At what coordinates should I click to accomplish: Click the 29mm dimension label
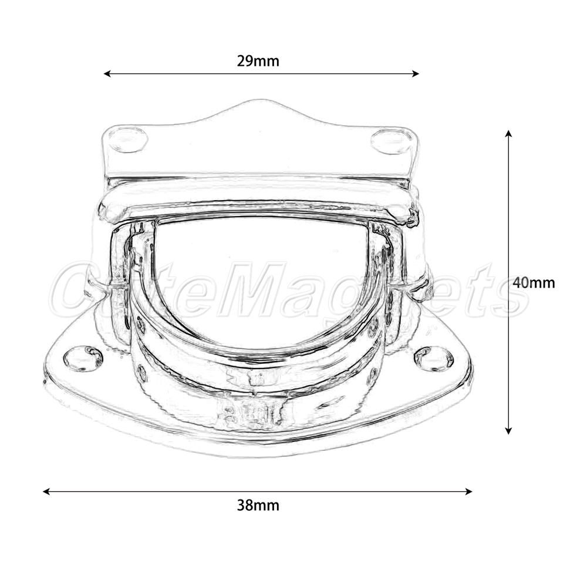pyautogui.click(x=258, y=61)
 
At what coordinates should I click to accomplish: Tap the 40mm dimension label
pyautogui.click(x=534, y=282)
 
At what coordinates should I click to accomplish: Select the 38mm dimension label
pyautogui.click(x=258, y=505)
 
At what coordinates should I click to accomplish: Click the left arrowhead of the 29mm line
pyautogui.click(x=107, y=74)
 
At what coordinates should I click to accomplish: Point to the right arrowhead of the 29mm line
pyautogui.click(x=415, y=74)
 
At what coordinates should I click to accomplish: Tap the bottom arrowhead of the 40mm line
pyautogui.click(x=508, y=430)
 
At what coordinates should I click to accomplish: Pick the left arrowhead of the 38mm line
pyautogui.click(x=47, y=491)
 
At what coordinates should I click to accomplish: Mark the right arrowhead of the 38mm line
pyautogui.click(x=468, y=491)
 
